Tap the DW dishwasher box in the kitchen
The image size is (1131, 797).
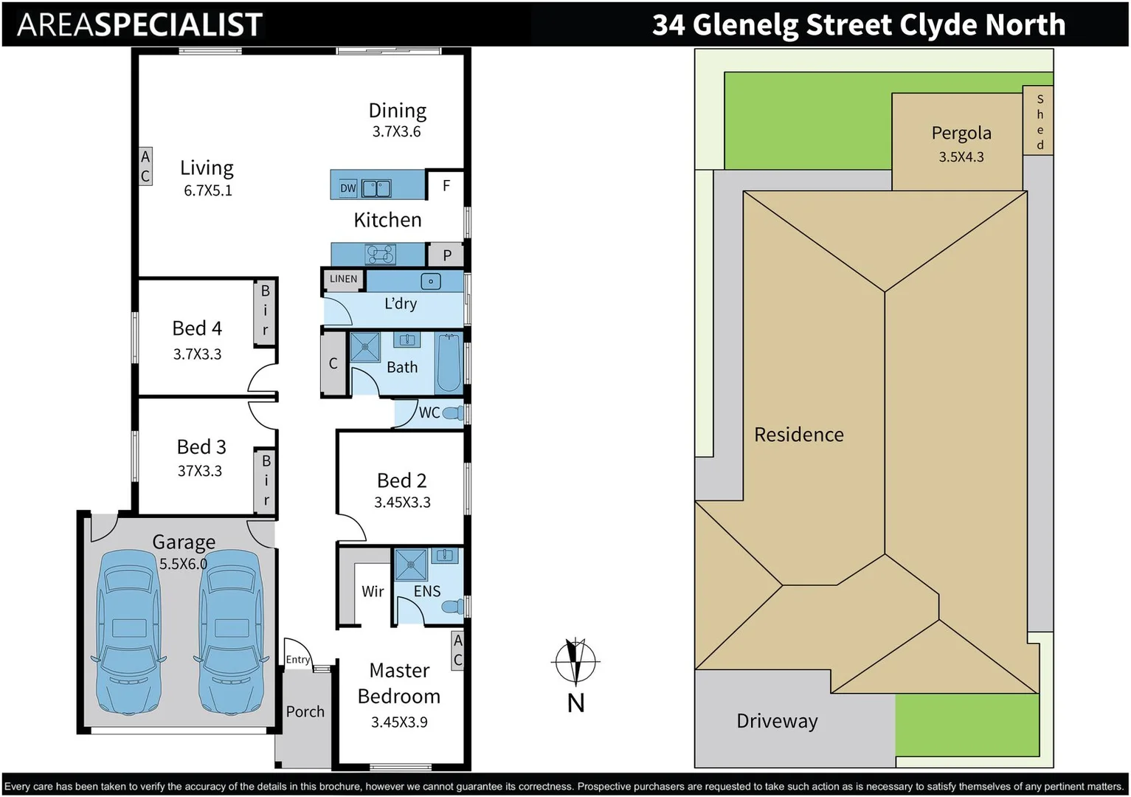click(x=348, y=188)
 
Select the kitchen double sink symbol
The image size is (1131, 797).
click(x=377, y=188)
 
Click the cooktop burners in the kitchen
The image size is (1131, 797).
click(x=380, y=255)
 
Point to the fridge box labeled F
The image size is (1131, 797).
click(x=446, y=186)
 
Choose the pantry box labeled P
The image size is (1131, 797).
click(x=446, y=255)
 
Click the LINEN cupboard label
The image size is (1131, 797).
click(x=343, y=279)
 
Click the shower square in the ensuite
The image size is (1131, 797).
click(x=411, y=565)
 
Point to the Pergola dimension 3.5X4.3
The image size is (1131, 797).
click(x=961, y=157)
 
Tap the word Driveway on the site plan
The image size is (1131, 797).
click(x=777, y=721)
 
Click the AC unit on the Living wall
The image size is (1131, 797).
click(x=145, y=167)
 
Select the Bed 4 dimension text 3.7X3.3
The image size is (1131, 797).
click(x=197, y=354)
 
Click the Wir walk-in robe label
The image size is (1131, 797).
click(x=373, y=591)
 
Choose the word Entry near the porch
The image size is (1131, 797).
click(x=297, y=660)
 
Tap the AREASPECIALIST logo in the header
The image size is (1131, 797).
click(x=139, y=25)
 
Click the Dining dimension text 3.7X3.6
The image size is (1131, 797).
click(x=396, y=132)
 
